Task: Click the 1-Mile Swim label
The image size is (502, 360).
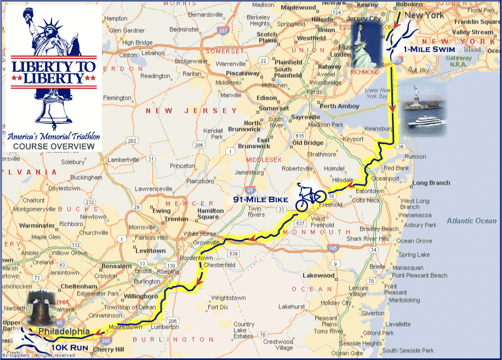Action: tap(428, 49)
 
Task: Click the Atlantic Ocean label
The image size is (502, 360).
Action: tap(471, 221)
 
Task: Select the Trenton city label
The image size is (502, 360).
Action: tap(176, 219)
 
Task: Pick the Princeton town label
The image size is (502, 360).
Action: tap(182, 165)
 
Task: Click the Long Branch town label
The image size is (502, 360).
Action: tap(431, 183)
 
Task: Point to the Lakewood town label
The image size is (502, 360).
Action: tap(318, 275)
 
